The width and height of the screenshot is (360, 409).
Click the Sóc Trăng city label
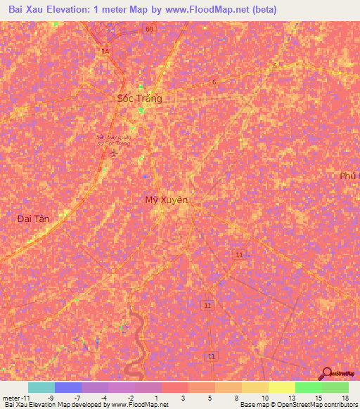pyautogui.click(x=139, y=98)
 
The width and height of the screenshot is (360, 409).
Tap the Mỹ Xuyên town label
pyautogui.click(x=167, y=200)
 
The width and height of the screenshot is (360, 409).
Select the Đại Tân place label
pyautogui.click(x=33, y=219)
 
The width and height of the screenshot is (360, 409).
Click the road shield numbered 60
pyautogui.click(x=148, y=29)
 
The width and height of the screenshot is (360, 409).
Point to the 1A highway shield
pyautogui.click(x=105, y=51)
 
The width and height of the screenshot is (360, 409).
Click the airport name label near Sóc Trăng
pyautogui.click(x=113, y=140)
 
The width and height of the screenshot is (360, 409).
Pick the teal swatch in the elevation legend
pyautogui.click(x=41, y=387)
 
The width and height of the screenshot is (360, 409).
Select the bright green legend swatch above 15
pyautogui.click(x=308, y=387)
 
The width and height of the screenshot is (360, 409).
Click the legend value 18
pyautogui.click(x=345, y=397)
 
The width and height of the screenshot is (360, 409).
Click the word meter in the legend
pyautogui.click(x=12, y=397)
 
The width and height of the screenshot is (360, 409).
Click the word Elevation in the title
pyautogui.click(x=67, y=10)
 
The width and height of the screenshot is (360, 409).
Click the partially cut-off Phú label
pyautogui.click(x=349, y=176)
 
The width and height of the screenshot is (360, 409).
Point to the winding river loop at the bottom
pyautogui.click(x=136, y=351)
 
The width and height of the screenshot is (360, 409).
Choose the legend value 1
pyautogui.click(x=156, y=397)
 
